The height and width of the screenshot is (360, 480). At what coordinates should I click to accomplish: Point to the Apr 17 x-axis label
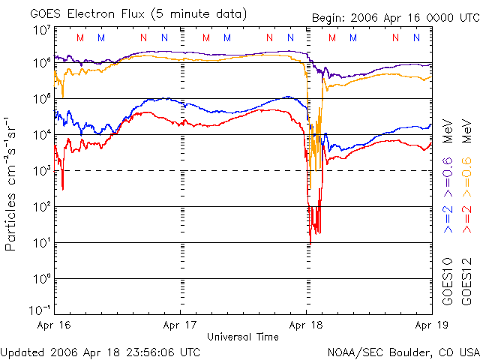[x=180, y=325]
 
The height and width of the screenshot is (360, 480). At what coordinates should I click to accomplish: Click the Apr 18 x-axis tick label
[x=306, y=325]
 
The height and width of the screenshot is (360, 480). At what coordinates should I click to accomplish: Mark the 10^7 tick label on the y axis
[x=40, y=30]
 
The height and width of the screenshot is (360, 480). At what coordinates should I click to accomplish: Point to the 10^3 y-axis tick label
[x=40, y=171]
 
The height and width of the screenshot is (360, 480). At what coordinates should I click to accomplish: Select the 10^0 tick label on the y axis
[x=40, y=279]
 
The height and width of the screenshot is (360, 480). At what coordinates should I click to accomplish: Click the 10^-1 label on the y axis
[x=39, y=309]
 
